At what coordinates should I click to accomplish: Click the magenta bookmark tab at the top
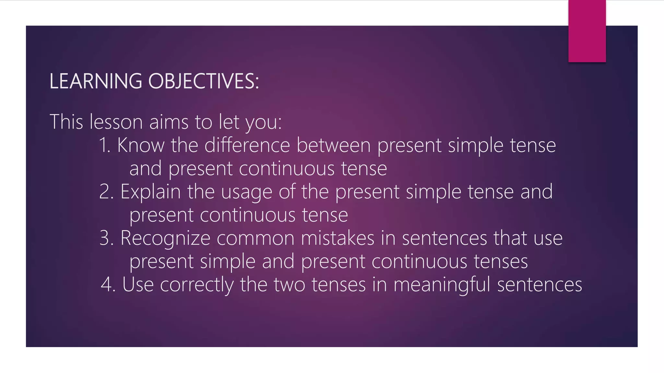pos(587,31)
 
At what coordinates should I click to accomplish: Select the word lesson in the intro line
pos(116,122)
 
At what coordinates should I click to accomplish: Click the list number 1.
pos(104,145)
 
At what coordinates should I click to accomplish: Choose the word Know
pos(141,145)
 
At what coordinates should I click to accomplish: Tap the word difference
pos(247,145)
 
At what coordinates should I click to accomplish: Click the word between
pos(333,145)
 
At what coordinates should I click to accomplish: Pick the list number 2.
pos(106,192)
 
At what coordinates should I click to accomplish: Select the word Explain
pos(150,192)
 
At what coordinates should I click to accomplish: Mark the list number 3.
pos(106,238)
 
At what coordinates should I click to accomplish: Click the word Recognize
pos(165,239)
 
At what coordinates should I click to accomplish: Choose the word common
pos(255,239)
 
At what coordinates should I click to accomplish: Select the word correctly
pos(196,285)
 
